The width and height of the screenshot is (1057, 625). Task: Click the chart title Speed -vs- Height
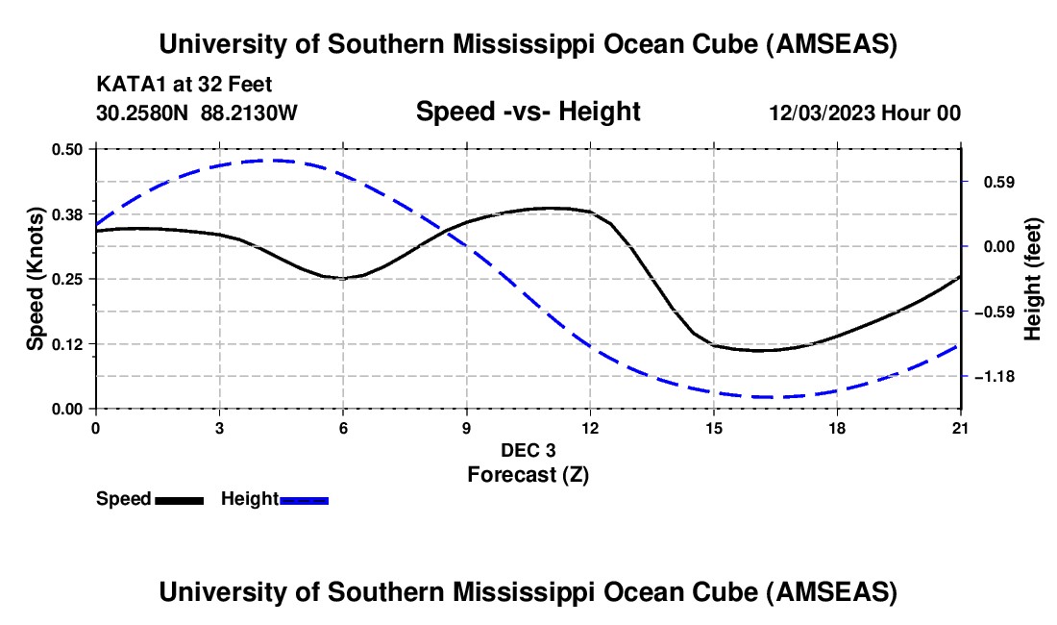528,112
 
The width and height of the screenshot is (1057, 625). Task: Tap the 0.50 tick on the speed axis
68,149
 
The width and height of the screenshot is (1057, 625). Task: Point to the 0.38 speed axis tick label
68,213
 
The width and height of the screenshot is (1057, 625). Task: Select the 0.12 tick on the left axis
68,344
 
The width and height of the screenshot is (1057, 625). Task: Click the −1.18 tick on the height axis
994,377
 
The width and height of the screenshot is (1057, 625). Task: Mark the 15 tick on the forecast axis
713,427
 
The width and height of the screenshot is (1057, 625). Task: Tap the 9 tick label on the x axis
466,427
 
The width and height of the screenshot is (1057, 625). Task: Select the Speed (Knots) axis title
35,279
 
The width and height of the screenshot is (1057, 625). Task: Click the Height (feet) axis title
1033,279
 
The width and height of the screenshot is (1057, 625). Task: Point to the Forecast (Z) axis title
528,474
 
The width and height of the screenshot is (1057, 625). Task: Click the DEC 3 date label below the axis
528,450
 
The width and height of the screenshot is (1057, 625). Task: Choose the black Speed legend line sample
179,499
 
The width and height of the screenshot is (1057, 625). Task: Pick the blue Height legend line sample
304,499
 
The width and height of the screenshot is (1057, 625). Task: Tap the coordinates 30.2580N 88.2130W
197,112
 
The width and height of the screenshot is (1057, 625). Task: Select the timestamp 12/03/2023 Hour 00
864,112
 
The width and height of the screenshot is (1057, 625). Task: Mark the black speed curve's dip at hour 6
343,278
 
